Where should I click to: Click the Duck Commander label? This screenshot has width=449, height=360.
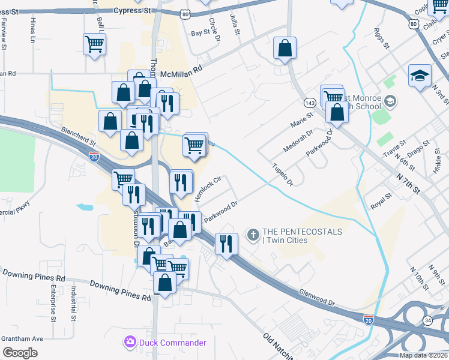point(173,343)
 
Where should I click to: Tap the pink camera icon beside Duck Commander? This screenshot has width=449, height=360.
point(130,343)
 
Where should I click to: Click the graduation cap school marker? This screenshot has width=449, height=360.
point(420,76)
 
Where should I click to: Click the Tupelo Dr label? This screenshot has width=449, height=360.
point(282,174)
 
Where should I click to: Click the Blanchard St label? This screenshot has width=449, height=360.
point(77,136)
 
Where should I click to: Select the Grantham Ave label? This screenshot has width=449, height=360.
point(22,339)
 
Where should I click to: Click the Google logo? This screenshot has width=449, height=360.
point(20,353)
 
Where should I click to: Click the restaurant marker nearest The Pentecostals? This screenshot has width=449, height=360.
point(227,243)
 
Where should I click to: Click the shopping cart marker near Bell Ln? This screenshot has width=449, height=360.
point(95,44)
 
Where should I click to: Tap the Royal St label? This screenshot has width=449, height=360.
point(381,200)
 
